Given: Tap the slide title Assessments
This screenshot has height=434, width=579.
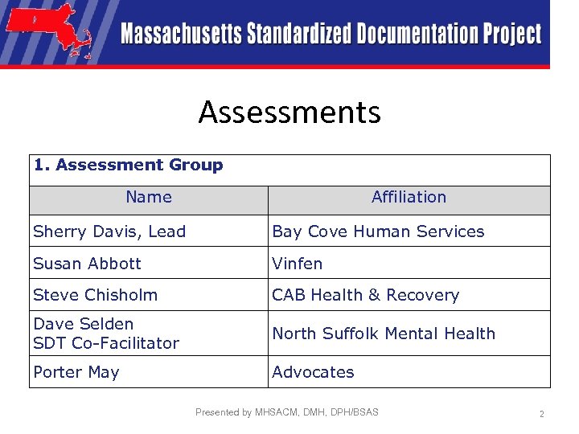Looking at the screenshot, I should (289, 112).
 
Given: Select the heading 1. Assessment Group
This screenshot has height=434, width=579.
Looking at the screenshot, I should (129, 166).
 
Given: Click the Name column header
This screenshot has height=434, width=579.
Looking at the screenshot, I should (149, 197).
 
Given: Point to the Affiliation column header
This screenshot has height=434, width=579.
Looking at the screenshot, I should (409, 197).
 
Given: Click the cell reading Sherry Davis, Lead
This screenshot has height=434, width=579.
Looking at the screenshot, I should (109, 231).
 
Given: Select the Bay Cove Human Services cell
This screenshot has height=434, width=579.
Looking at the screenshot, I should (378, 231).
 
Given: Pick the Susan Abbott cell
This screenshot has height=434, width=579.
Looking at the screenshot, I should (87, 264).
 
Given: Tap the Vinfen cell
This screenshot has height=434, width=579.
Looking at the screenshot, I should (297, 264).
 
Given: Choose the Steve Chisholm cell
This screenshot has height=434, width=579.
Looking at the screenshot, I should (95, 295).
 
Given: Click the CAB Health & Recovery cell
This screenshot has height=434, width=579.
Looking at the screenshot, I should (365, 295).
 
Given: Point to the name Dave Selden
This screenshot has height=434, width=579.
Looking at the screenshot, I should (84, 324).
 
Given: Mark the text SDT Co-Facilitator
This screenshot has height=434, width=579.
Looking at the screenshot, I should (106, 343).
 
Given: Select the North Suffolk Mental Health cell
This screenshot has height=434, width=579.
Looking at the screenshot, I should (384, 334).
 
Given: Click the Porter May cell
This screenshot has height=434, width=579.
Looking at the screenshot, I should (76, 372).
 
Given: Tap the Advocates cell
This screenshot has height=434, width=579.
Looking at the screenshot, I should (313, 372).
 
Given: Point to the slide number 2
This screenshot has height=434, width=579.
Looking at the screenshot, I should (541, 414).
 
